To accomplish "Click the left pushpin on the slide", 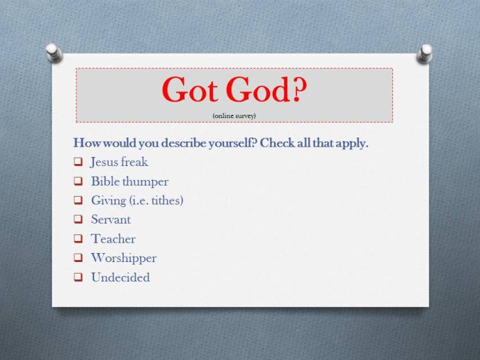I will click(54, 52).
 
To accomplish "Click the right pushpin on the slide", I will click(425, 53).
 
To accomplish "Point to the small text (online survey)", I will click(234, 115).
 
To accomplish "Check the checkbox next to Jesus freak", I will click(78, 162).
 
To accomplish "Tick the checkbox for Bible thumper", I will click(78, 181).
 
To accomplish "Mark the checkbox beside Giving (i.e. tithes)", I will click(78, 200).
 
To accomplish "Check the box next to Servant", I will click(78, 220).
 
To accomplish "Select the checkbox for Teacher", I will click(78, 239).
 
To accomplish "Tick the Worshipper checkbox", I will click(78, 258).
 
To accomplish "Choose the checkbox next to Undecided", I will click(78, 277).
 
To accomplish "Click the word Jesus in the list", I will click(104, 162).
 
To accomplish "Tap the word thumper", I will click(147, 181).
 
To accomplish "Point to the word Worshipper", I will click(124, 258).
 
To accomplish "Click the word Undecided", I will click(120, 277).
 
